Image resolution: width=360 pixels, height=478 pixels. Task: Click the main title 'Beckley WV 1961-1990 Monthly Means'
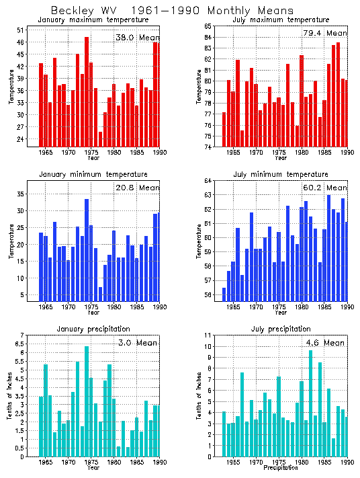point(172,11)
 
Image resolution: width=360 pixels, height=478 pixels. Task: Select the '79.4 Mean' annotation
point(322,33)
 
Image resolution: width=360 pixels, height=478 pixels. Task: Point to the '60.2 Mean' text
point(322,188)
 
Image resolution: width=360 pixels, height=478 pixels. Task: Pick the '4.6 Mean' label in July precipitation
point(322,343)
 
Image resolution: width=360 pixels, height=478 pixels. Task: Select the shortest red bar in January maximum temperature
point(101,139)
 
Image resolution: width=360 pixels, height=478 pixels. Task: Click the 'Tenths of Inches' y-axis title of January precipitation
point(9,397)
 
